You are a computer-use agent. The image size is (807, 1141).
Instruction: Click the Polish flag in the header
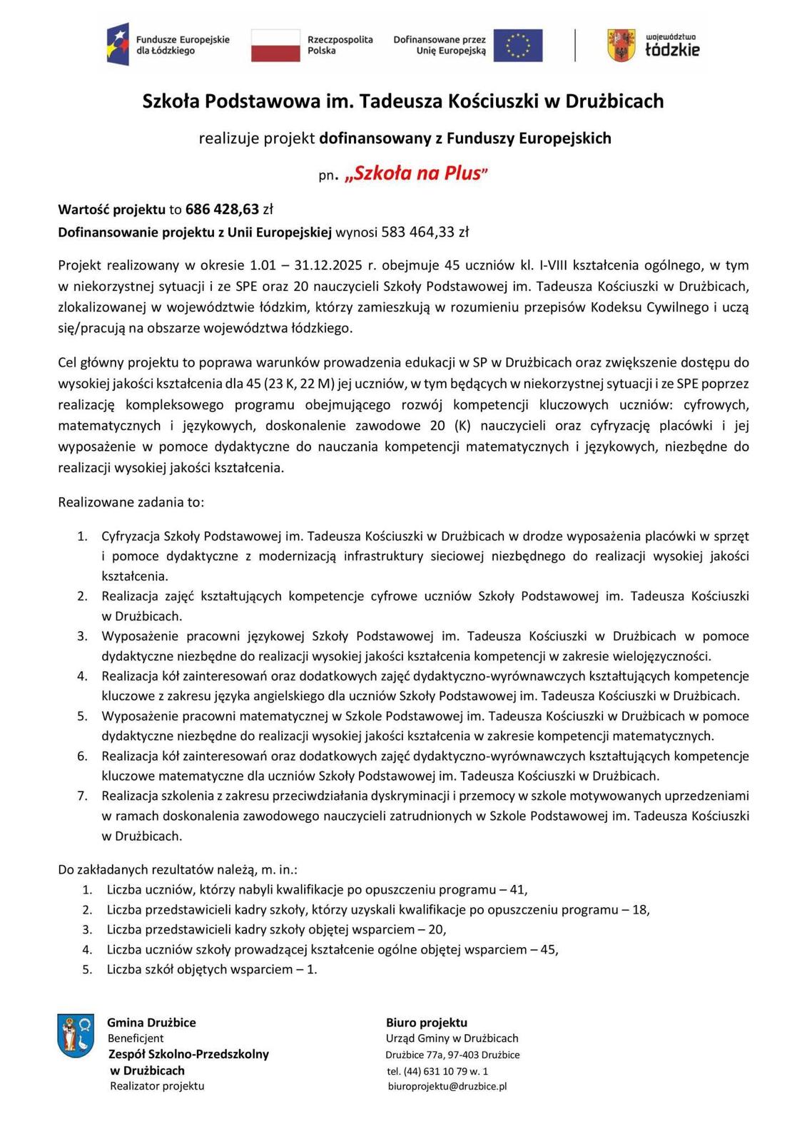[275, 45]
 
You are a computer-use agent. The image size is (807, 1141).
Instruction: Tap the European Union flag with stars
[517, 45]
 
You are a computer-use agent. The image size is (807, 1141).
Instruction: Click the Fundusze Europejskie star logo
[118, 44]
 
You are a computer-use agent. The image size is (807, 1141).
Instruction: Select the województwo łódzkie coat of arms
[621, 45]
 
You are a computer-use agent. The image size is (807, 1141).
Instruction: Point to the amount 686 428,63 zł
[229, 209]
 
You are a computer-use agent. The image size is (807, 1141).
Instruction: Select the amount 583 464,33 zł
[425, 232]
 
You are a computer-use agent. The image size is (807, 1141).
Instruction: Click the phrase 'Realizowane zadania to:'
[131, 502]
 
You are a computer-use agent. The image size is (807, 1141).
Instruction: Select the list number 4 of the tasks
[83, 675]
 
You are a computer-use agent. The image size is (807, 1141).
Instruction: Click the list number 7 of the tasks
[83, 795]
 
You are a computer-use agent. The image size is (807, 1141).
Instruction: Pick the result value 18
[640, 909]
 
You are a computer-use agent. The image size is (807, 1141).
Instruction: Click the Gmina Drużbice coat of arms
[76, 1036]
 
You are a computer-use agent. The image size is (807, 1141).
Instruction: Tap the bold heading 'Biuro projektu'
[427, 1023]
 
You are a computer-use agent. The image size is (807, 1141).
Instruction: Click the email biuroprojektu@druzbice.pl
[447, 1086]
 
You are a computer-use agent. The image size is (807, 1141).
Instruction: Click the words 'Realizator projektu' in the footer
[157, 1086]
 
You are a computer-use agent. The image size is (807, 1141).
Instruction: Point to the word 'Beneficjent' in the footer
[136, 1038]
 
